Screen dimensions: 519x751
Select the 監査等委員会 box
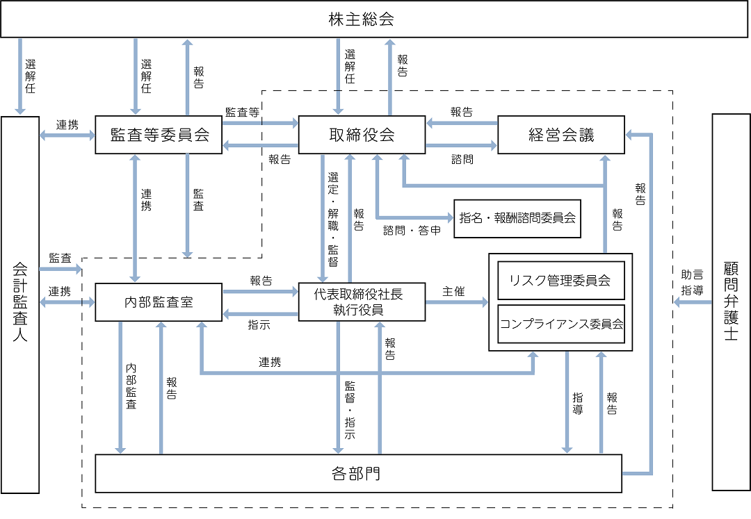click(159, 135)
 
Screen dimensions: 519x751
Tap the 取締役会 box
click(361, 135)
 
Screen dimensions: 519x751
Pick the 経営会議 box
click(560, 135)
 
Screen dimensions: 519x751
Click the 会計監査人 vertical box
click(20, 305)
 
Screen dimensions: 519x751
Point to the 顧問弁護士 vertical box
click(731, 302)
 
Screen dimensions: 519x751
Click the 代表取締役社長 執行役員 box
click(361, 302)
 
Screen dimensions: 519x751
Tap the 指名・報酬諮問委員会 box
click(517, 218)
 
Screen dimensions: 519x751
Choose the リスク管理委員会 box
click(560, 281)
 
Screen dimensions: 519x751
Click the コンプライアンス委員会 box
click(560, 324)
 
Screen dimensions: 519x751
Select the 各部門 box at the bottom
click(357, 474)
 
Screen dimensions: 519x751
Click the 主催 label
click(453, 292)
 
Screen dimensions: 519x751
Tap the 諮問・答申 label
click(412, 230)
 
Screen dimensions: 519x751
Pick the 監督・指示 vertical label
click(349, 409)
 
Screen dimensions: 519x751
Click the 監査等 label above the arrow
click(243, 112)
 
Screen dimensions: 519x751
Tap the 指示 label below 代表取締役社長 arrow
click(259, 324)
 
